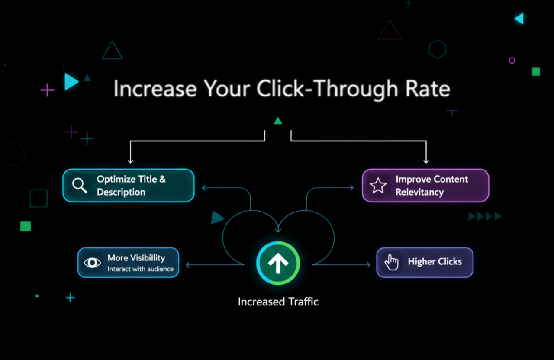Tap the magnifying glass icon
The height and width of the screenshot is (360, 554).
click(x=79, y=185)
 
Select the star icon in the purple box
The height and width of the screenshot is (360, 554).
click(x=378, y=185)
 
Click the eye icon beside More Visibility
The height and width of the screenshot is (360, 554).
click(x=92, y=263)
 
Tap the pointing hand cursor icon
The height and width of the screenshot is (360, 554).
click(x=391, y=262)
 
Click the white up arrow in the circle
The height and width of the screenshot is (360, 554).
click(x=278, y=263)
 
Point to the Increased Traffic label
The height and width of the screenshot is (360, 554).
click(x=278, y=302)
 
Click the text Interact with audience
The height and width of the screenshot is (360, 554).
click(x=140, y=269)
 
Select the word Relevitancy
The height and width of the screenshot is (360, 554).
click(x=419, y=192)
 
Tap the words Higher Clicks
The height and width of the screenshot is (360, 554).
click(x=435, y=262)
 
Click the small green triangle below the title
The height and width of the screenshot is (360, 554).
click(x=278, y=121)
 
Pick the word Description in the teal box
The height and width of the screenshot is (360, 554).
click(x=121, y=192)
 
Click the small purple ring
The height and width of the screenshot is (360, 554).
click(x=512, y=61)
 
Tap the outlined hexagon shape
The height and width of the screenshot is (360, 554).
click(x=437, y=49)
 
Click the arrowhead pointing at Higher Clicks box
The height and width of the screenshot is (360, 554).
click(x=368, y=265)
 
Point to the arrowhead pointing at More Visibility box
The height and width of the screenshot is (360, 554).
click(x=187, y=265)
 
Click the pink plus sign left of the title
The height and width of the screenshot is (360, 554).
click(x=47, y=90)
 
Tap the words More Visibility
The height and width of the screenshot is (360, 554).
click(x=136, y=258)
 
